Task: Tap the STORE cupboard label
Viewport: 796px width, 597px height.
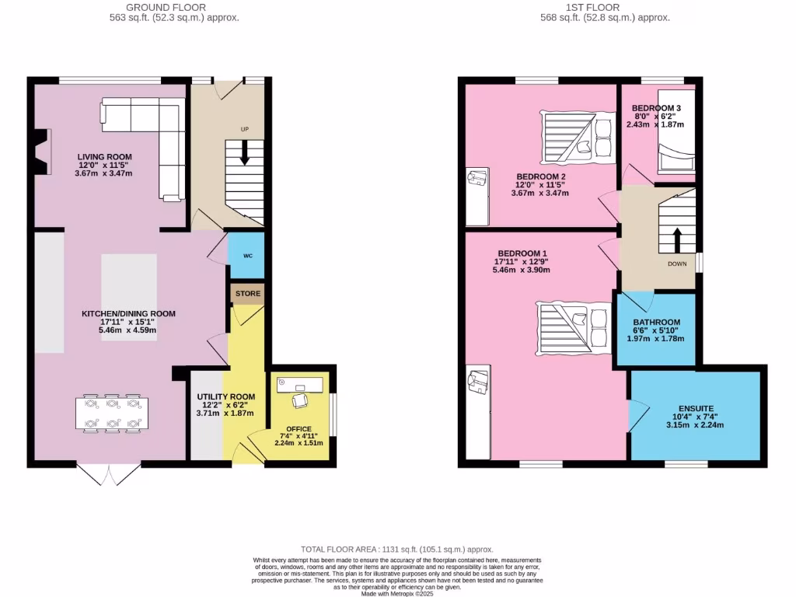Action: (x=248, y=294)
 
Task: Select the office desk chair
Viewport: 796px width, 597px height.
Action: (x=299, y=400)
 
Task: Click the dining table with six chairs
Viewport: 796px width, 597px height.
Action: (x=112, y=413)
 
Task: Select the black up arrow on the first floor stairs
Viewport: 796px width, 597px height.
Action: (x=676, y=240)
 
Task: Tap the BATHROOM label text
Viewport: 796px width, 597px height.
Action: (x=656, y=323)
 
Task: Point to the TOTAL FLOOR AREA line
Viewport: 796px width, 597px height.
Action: (x=397, y=550)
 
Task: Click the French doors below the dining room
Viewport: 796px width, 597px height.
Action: (x=109, y=474)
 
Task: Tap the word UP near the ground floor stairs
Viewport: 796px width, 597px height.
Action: (x=244, y=129)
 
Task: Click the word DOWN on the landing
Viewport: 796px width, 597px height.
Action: (x=676, y=264)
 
